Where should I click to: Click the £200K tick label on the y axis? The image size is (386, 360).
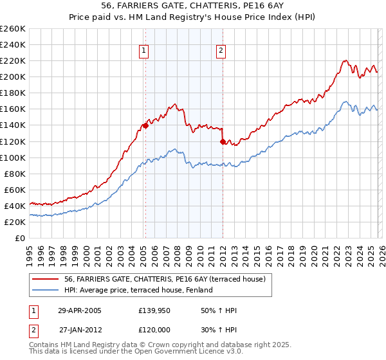pyautogui.click(x=13, y=76)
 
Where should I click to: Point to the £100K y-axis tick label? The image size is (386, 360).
pyautogui.click(x=13, y=157)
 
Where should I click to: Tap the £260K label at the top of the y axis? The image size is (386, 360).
pyautogui.click(x=13, y=28)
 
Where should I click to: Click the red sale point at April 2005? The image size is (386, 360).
pyautogui.click(x=145, y=125)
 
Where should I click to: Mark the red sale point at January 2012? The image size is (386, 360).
pyautogui.click(x=223, y=141)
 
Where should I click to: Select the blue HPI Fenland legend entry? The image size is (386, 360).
pyautogui.click(x=142, y=291)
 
